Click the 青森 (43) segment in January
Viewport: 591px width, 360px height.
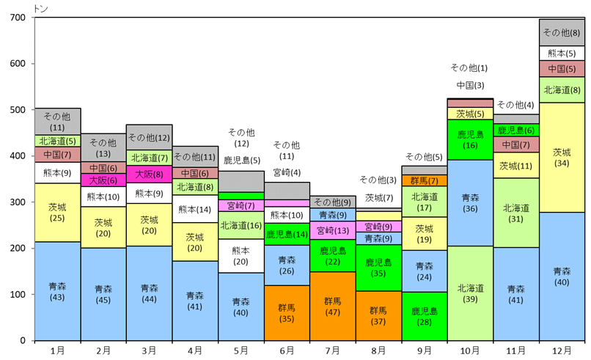pos(57,291)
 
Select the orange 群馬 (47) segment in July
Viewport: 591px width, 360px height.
pos(331,306)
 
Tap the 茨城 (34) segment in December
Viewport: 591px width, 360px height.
pos(561,157)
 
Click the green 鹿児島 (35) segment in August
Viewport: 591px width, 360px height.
pos(378,268)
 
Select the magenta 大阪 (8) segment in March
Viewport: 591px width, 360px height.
pos(149,175)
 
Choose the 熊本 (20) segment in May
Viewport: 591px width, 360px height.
pos(241,256)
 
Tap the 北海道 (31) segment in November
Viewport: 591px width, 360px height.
pos(515,213)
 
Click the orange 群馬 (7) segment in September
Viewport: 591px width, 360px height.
pos(424,180)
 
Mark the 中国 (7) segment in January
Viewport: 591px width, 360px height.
pos(57,155)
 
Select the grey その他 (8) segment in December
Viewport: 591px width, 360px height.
pos(561,32)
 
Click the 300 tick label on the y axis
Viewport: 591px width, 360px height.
pos(18,202)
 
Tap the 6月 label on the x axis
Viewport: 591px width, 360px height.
pos(286,350)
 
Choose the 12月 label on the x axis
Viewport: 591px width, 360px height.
pos(561,350)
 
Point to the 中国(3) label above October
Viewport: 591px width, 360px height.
pos(469,85)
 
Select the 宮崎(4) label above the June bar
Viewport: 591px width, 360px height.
pos(286,172)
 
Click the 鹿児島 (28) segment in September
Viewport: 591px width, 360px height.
pos(424,316)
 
